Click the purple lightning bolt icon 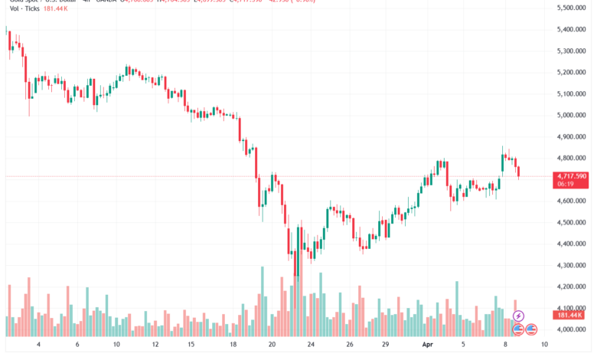(518, 316)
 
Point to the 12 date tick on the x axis (155, 345)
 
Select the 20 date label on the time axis (272, 345)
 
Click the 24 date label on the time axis (311, 345)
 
